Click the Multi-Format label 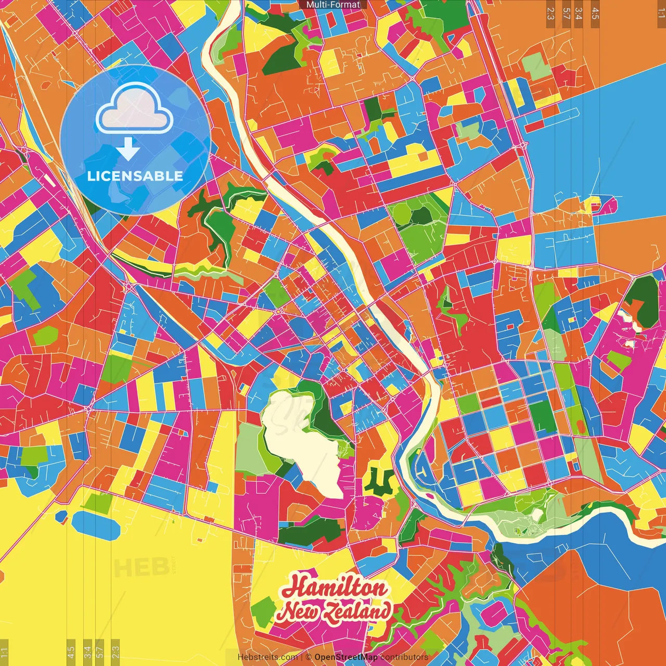click(333, 5)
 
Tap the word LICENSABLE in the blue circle click(135, 176)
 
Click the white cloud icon click(135, 109)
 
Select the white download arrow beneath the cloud click(128, 149)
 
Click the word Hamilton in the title click(334, 588)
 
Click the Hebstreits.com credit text click(267, 657)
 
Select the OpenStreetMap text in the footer click(346, 657)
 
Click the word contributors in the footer click(404, 657)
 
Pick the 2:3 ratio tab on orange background click(550, 14)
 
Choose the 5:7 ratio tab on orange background click(566, 14)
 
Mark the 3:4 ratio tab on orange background click(579, 14)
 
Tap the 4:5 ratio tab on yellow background click(71, 651)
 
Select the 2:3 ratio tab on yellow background click(116, 651)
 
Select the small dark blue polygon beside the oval click(61, 516)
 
